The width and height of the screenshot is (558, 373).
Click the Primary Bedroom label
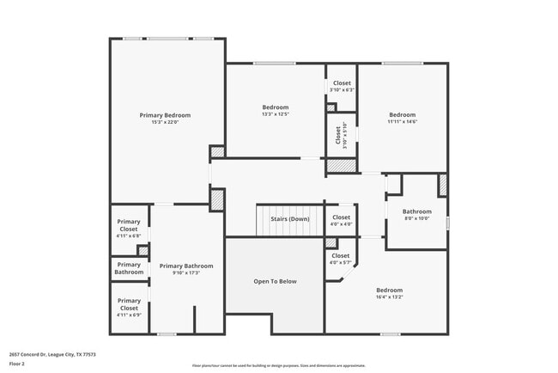[x=165, y=114]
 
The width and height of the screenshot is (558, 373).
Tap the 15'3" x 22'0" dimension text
[x=165, y=121]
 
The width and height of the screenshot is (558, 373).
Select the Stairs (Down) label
[x=289, y=218]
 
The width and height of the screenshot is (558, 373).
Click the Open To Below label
[x=275, y=281]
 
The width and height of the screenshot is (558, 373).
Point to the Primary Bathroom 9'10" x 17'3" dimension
[x=185, y=273]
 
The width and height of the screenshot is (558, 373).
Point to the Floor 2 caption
[x=18, y=364]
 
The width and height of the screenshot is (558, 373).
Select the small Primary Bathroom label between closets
[x=129, y=268]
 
